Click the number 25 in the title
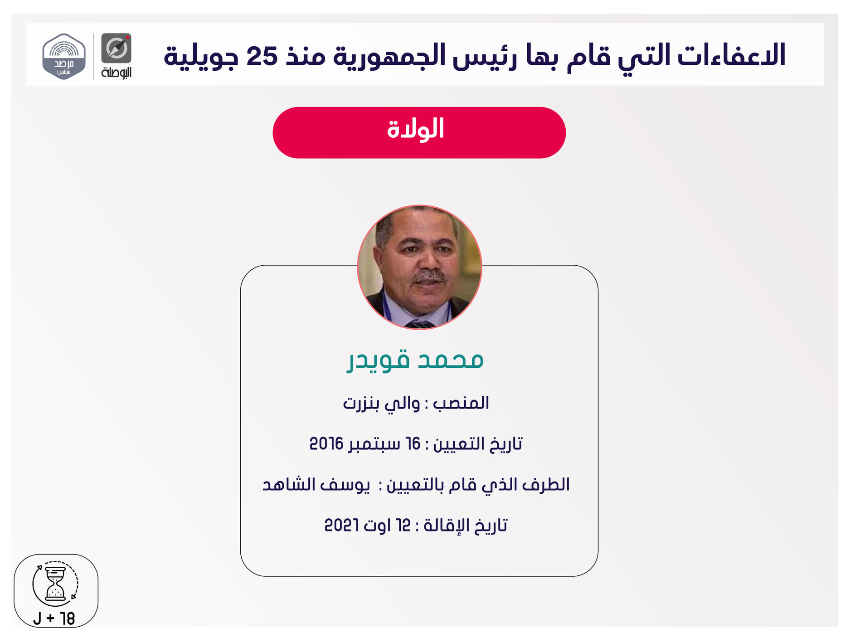point(262,55)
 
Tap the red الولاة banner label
point(416,129)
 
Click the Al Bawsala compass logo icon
point(116,48)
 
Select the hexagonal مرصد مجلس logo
point(64,57)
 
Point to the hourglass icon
point(55,583)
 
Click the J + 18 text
point(54,618)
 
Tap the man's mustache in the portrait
point(428,276)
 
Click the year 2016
point(326,443)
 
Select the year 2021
point(342,525)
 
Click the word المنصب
point(461,403)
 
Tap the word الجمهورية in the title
point(389,55)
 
